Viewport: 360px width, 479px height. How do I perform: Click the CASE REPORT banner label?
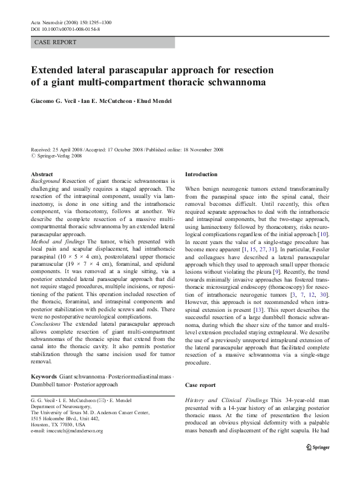(x=56, y=42)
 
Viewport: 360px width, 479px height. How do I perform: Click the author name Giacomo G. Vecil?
(x=61, y=101)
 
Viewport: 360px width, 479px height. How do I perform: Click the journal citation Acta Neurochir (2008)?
(x=59, y=22)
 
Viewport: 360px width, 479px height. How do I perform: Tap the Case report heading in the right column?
(x=200, y=385)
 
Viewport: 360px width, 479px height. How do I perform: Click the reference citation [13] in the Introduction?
(x=257, y=326)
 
